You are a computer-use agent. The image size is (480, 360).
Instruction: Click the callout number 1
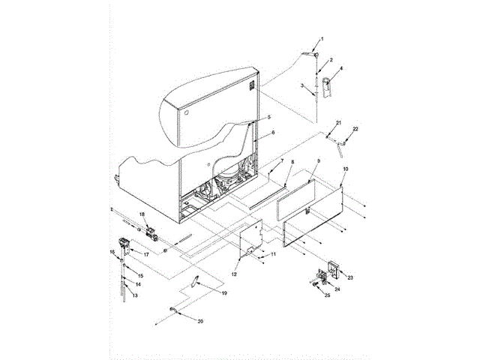322,38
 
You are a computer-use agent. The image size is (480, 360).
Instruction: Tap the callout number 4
341,69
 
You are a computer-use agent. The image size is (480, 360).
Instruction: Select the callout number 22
356,130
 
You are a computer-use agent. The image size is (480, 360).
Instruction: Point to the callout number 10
345,170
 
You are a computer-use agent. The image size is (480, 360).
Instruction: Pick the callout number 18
140,214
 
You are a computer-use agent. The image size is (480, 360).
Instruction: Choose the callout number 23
349,277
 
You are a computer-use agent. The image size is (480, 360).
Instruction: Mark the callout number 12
235,275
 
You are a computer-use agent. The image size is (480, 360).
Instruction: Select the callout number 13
136,296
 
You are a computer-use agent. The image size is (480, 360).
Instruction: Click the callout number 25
327,295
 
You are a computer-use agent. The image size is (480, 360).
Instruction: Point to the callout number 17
146,254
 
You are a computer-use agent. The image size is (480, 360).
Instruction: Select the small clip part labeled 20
174,310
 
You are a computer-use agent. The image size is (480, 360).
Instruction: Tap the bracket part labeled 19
194,283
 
